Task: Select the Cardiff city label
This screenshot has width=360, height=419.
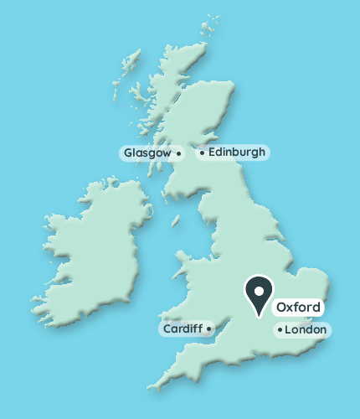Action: click(183, 328)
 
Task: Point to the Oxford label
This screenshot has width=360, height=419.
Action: click(298, 307)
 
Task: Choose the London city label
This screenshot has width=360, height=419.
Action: click(305, 330)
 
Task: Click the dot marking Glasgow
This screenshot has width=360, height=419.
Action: click(178, 153)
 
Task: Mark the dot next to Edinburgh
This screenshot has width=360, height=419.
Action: click(202, 153)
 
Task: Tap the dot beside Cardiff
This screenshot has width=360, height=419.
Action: click(208, 328)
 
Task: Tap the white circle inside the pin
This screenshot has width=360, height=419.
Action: click(260, 291)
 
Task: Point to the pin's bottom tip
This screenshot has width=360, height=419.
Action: click(260, 316)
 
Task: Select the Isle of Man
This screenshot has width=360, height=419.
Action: click(176, 222)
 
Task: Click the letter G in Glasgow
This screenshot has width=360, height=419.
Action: click(128, 153)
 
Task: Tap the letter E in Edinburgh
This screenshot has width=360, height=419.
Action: click(213, 153)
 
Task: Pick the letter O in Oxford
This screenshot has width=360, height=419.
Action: click(281, 307)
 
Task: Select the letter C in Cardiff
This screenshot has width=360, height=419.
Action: click(167, 328)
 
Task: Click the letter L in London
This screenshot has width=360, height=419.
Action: click(289, 330)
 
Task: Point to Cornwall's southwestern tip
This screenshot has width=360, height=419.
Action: click(150, 388)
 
